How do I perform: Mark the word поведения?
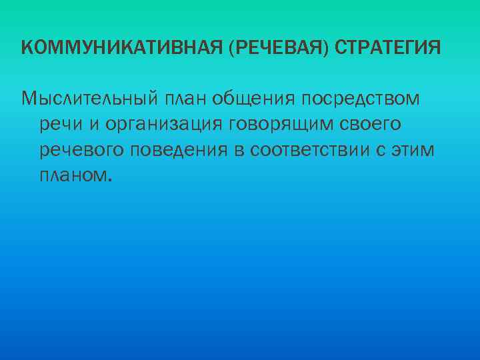pyautogui.click(x=179, y=150)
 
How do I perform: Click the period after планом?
pyautogui.click(x=109, y=180)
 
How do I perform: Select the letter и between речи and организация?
pyautogui.click(x=90, y=125)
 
